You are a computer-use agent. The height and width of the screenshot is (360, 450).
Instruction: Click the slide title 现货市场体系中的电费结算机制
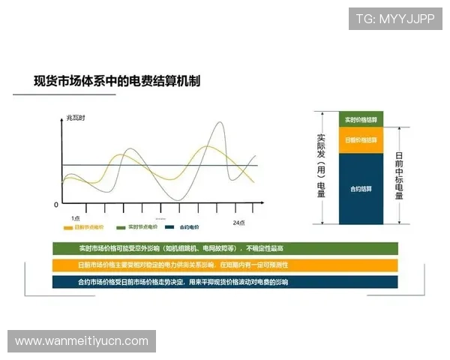point(116,80)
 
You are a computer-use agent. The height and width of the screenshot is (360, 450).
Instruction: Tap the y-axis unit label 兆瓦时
point(76,118)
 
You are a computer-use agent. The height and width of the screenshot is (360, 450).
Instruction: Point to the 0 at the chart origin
point(56,204)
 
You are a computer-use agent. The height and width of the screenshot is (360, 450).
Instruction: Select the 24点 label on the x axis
point(238,223)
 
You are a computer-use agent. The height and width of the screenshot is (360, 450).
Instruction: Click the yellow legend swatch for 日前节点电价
point(67,227)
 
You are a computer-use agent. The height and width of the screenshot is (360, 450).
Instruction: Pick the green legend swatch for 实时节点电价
point(121,227)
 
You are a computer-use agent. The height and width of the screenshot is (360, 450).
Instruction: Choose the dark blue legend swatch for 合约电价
point(169,227)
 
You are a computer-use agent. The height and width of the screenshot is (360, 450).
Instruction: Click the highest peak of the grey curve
point(220,122)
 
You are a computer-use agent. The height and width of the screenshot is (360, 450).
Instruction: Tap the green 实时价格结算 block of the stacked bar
point(361,120)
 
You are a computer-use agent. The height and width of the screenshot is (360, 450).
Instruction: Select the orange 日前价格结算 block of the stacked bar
point(361,140)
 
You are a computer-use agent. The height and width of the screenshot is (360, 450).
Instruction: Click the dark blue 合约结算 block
point(361,188)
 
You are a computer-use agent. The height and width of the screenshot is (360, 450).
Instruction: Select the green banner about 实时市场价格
point(225,248)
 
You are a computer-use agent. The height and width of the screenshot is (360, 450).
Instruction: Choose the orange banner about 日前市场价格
point(225,265)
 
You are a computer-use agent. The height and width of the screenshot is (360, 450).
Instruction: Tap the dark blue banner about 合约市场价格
point(225,282)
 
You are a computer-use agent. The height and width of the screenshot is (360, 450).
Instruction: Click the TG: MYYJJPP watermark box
point(395,19)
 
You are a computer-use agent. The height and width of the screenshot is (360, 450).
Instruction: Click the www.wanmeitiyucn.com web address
point(81,341)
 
